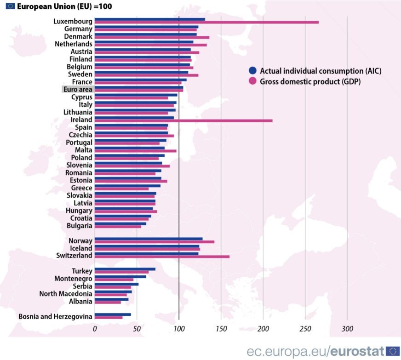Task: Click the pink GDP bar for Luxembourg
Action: click(206, 22)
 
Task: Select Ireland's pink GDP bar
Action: click(183, 120)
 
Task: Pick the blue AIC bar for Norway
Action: click(149, 239)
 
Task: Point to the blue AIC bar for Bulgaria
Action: click(120, 224)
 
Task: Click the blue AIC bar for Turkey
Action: click(125, 269)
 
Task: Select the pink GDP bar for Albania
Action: click(108, 302)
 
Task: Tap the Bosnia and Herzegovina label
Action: click(55, 316)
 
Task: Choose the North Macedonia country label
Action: click(66, 294)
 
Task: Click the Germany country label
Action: click(78, 29)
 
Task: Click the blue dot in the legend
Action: click(252, 71)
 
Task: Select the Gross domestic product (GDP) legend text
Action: click(310, 81)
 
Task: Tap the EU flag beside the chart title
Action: click(9, 6)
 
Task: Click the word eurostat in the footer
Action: click(357, 352)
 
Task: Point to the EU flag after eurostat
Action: click(393, 351)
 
